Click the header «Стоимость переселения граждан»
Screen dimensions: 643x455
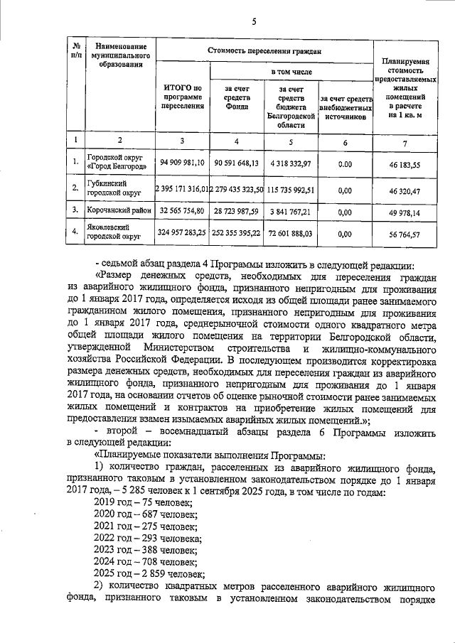(x=264, y=50)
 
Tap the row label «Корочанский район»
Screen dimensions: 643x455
(x=116, y=211)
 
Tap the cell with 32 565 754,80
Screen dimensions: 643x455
(x=182, y=211)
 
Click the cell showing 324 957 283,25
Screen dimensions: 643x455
(x=182, y=232)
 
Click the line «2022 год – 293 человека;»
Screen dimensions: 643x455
(x=148, y=538)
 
